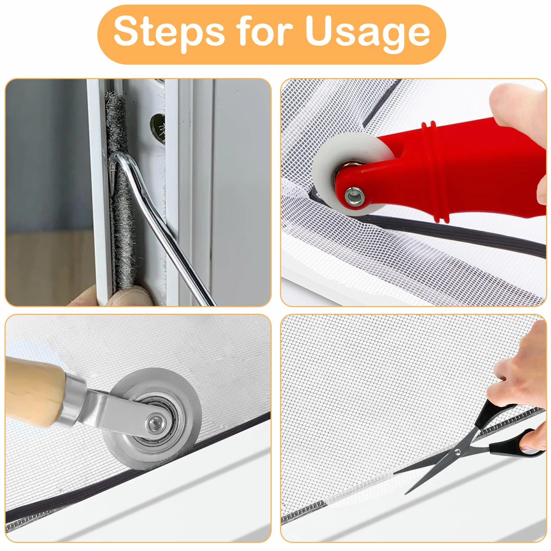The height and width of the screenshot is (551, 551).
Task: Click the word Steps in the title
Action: [x=169, y=32]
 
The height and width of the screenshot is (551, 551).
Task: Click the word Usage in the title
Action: [x=367, y=32]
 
